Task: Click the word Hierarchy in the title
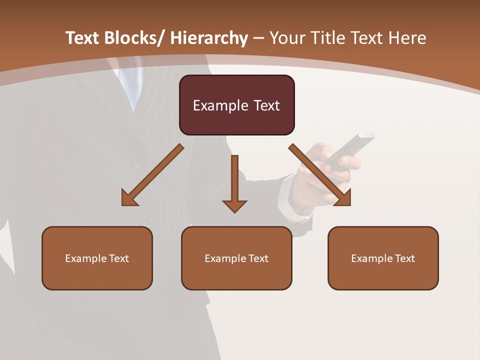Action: pos(209,38)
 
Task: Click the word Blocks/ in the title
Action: pos(134,38)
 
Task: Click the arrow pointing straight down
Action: pos(235,180)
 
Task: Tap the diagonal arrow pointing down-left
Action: pos(152,175)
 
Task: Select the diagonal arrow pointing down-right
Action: pos(320,175)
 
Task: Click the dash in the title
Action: pos(259,38)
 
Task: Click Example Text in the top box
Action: pos(236,105)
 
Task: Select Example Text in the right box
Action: pos(383,258)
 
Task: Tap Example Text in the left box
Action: pos(97,258)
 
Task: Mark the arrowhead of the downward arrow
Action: pos(235,206)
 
